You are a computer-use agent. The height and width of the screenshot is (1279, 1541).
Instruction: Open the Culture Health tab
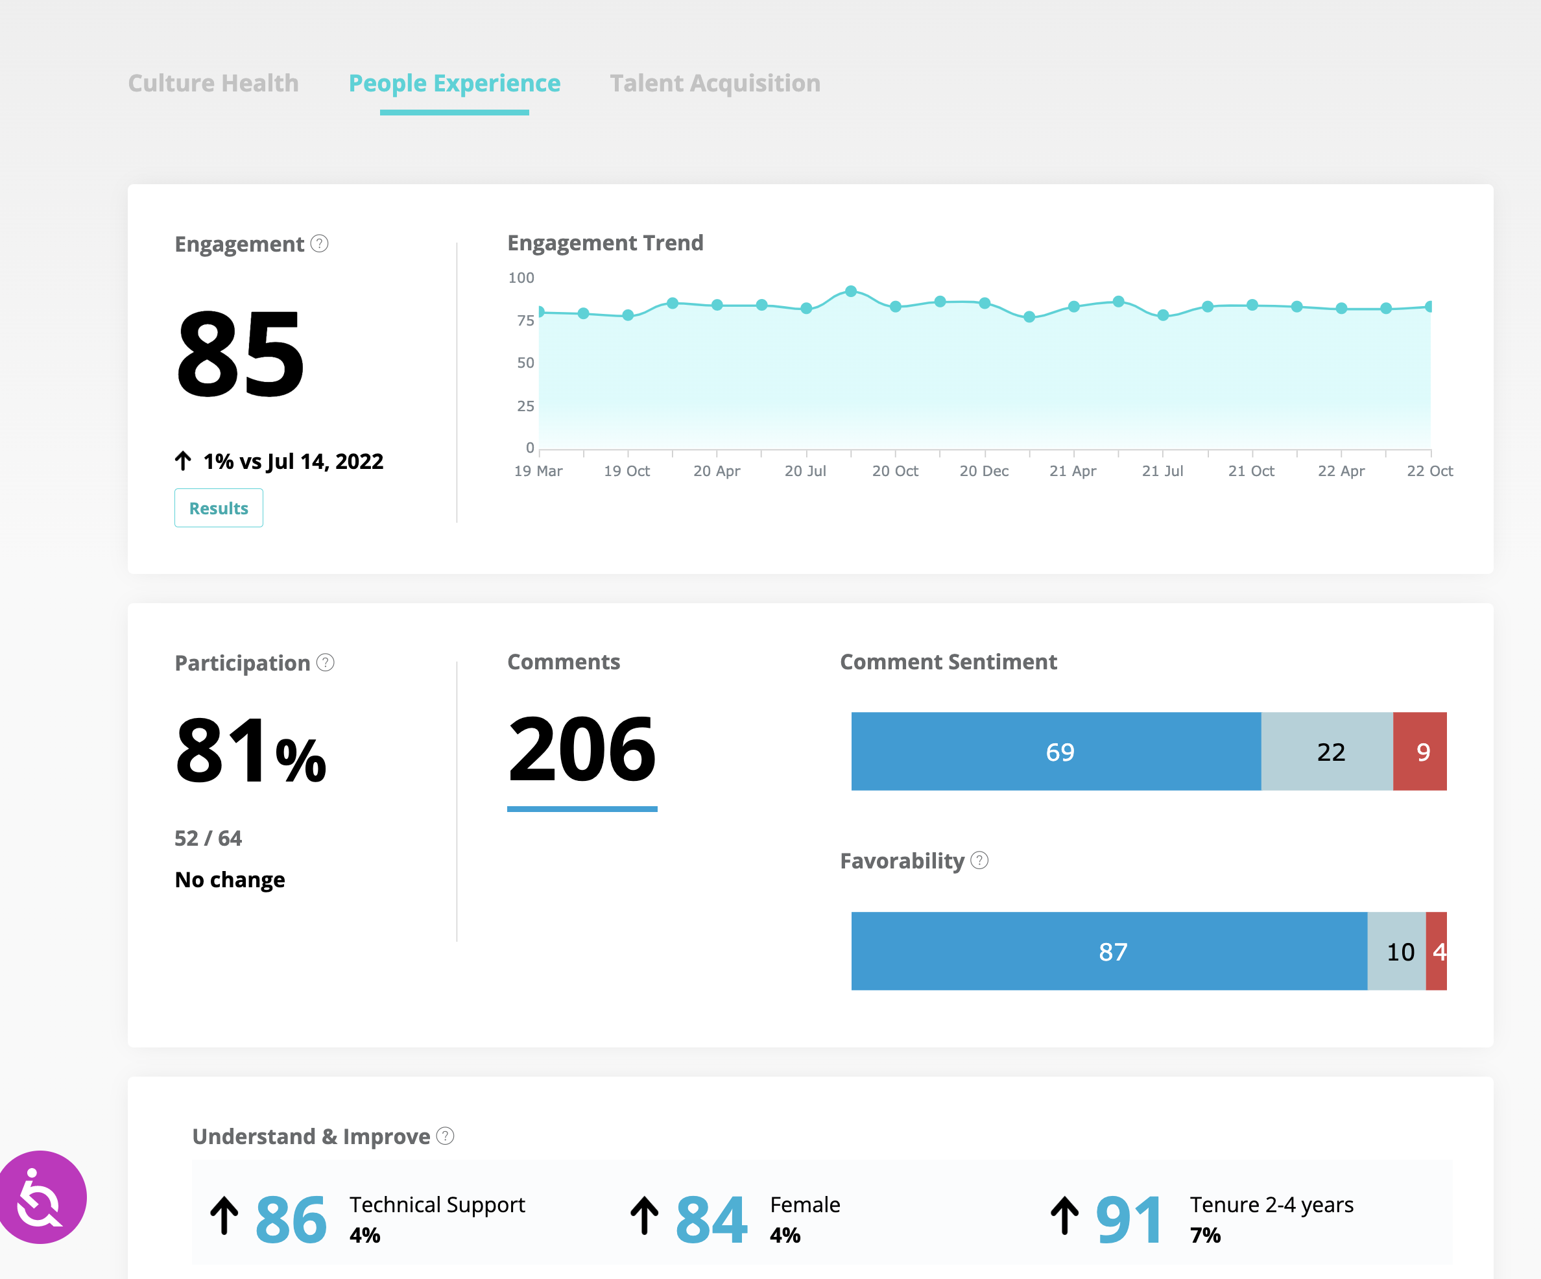click(213, 84)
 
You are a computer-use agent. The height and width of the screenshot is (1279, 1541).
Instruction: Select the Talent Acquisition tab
click(715, 84)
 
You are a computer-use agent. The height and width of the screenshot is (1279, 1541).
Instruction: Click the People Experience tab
click(454, 84)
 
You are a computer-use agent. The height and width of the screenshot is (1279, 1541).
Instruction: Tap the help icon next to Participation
click(325, 663)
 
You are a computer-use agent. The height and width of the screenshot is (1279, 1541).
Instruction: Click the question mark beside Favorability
click(979, 860)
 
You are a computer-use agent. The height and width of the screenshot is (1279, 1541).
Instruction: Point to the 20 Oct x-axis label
click(894, 471)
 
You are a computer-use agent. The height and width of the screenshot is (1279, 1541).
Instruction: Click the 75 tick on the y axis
click(525, 320)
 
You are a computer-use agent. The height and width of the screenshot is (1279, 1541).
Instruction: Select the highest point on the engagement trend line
click(850, 291)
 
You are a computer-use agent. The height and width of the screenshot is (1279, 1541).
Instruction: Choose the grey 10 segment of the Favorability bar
click(1397, 951)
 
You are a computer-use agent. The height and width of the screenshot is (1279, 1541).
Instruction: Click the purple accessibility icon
click(42, 1197)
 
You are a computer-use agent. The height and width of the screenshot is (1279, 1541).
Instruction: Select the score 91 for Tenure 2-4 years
click(1128, 1220)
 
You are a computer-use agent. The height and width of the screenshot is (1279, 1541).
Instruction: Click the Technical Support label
click(437, 1205)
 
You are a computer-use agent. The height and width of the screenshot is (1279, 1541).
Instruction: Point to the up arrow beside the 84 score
click(644, 1216)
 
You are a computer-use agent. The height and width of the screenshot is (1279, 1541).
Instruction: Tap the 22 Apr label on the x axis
click(1341, 471)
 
